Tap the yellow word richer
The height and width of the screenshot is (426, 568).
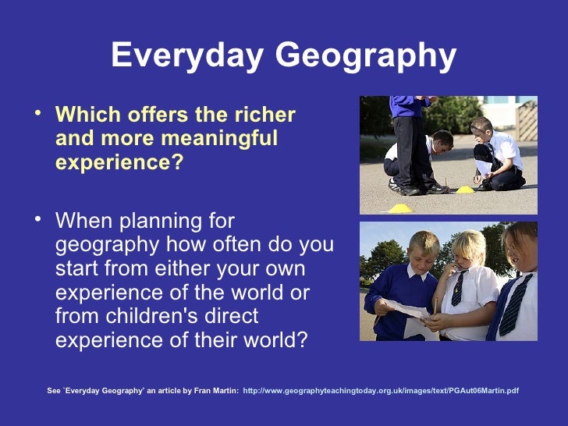tap(264, 115)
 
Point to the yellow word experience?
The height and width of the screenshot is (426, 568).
tap(119, 163)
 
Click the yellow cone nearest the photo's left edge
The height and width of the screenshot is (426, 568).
tap(399, 208)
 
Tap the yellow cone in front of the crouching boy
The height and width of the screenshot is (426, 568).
tap(465, 189)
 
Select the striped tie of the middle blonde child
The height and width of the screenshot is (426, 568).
tap(459, 288)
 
